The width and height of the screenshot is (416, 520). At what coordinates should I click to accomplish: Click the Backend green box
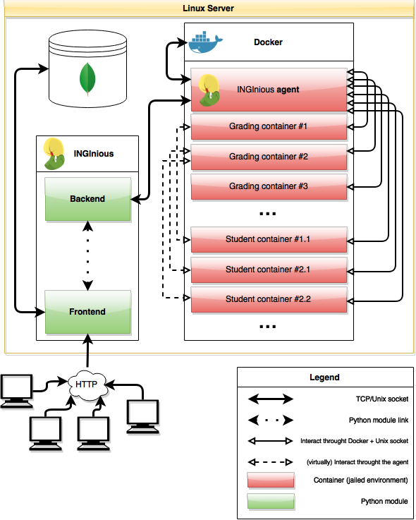pos(88,199)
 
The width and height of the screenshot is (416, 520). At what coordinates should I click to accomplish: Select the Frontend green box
pos(88,312)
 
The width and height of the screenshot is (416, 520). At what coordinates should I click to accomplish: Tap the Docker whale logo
pos(205,42)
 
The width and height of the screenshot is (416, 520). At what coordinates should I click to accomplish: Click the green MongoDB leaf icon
pos(87,79)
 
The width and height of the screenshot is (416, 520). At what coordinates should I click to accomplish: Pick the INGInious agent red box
pos(269,90)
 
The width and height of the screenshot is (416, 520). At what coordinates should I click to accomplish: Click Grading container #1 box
pos(269,127)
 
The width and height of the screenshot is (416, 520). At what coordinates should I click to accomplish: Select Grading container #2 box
pos(269,157)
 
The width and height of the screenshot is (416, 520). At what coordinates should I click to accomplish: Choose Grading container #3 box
pos(269,187)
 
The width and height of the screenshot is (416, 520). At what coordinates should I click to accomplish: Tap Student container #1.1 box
pos(269,240)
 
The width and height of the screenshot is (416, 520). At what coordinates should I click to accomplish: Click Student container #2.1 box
pos(269,270)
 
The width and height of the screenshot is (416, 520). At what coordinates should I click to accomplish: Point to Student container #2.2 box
pos(269,300)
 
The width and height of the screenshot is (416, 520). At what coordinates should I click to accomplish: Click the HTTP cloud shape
pos(87,385)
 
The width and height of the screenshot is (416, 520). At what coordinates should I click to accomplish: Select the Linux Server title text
pos(208,8)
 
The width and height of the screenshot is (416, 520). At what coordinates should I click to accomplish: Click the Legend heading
pos(324,377)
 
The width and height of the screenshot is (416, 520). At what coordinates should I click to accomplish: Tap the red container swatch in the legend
pos(271,480)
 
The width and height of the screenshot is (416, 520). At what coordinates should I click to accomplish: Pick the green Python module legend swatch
pos(271,501)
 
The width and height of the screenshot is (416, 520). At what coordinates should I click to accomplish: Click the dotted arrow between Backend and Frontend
pos(88,255)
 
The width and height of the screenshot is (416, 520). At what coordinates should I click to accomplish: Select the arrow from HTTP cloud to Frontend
pos(88,351)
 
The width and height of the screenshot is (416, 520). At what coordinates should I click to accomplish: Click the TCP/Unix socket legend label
pos(382,399)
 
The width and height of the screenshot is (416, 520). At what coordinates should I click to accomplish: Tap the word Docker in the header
pos(268,42)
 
